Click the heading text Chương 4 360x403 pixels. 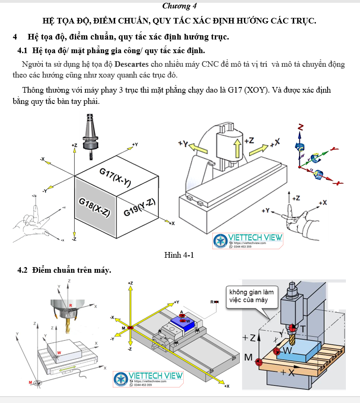(x=179, y=6)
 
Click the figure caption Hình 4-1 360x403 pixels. (x=179, y=255)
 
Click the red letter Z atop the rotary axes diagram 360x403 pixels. (x=300, y=127)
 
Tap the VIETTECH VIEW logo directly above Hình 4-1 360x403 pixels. (x=248, y=240)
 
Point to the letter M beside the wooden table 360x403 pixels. (x=249, y=357)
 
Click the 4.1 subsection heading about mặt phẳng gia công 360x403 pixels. (x=111, y=50)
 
